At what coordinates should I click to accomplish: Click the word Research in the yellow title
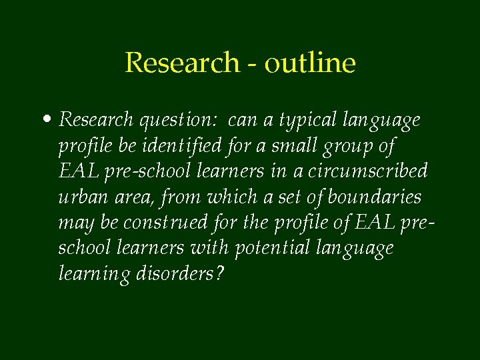[182, 63]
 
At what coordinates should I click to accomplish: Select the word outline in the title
[310, 63]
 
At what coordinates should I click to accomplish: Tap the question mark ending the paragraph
[220, 273]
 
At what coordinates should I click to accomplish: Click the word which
[229, 197]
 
